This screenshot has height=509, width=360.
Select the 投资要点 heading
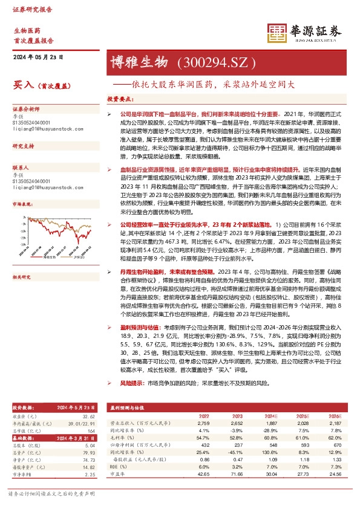pyautogui.click(x=120, y=98)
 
